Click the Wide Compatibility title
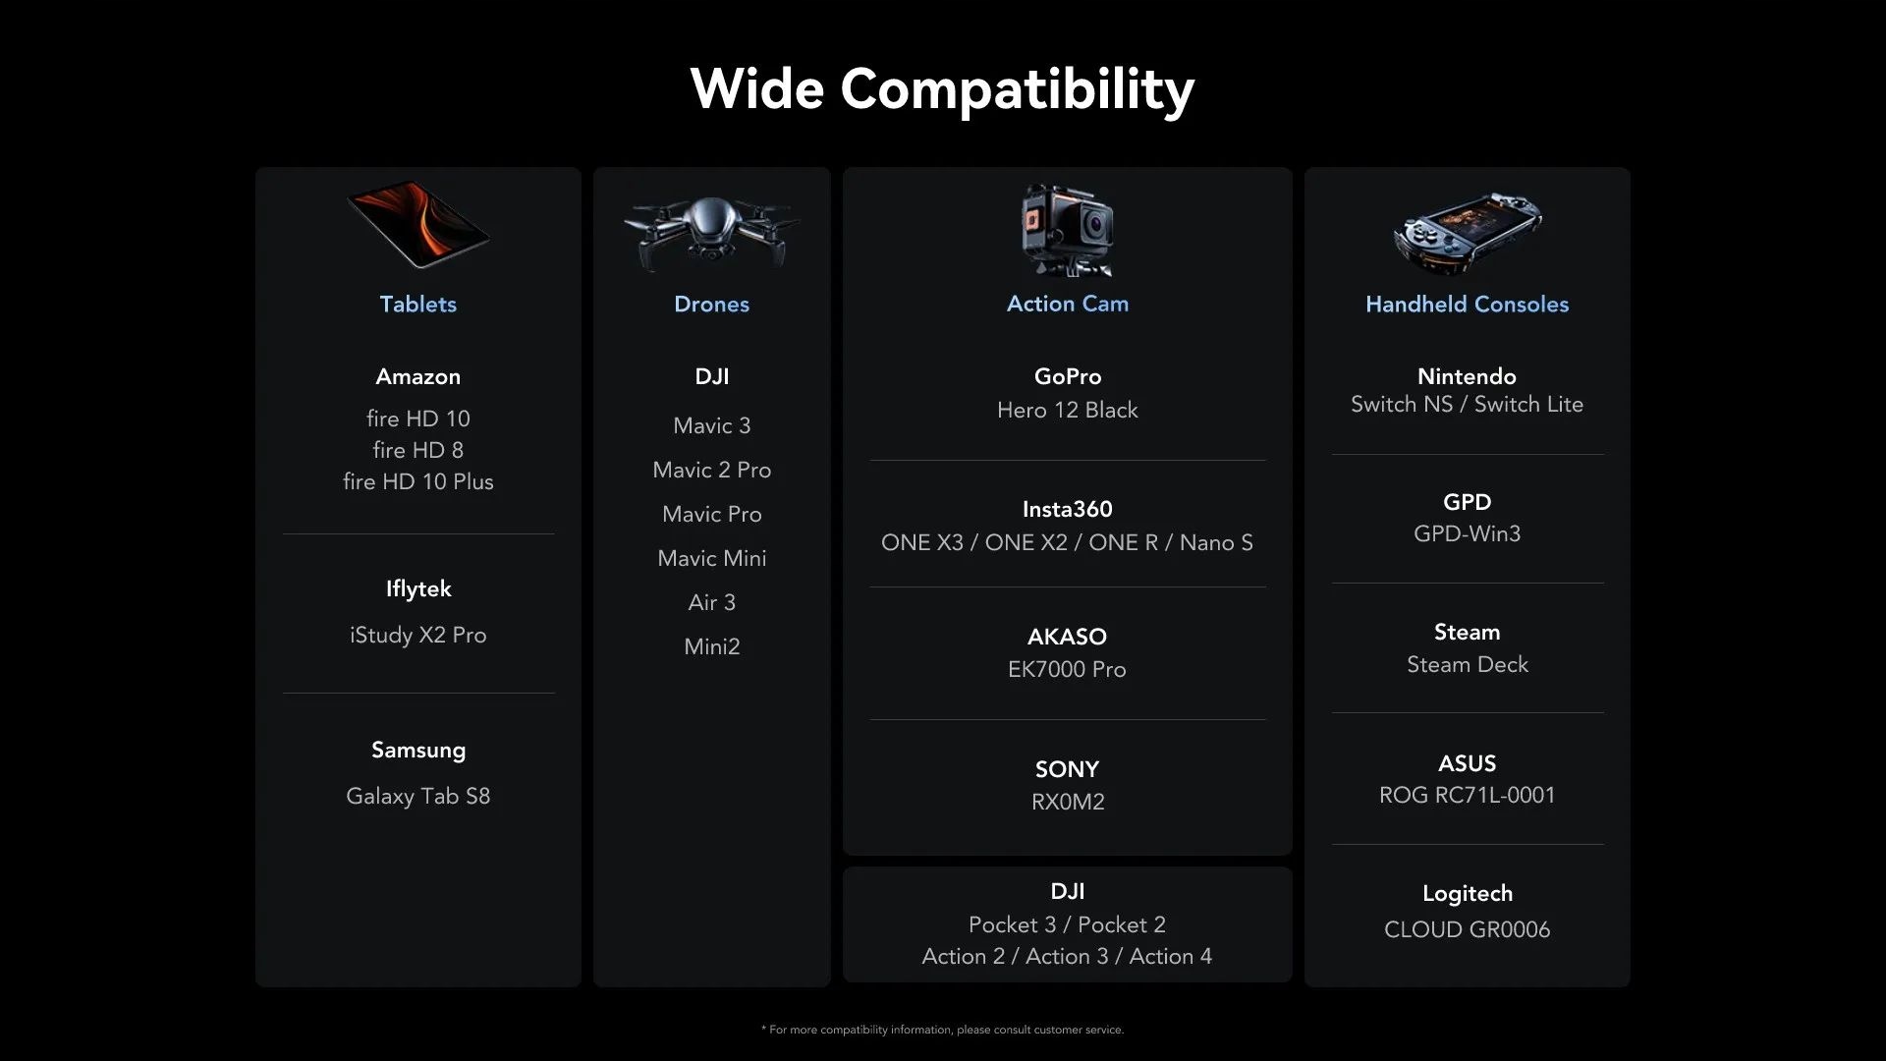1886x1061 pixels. pyautogui.click(x=942, y=89)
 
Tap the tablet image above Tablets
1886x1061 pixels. pyautogui.click(x=418, y=224)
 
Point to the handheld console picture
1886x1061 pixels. pyautogui.click(x=1467, y=234)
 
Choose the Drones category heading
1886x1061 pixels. pyautogui.click(x=711, y=305)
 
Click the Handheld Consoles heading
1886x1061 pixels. pyautogui.click(x=1467, y=305)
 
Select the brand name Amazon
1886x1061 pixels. pyautogui.click(x=417, y=376)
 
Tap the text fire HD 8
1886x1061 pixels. pyautogui.click(x=417, y=450)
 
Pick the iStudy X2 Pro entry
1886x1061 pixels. pyautogui.click(x=417, y=636)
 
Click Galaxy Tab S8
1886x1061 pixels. pyautogui.click(x=417, y=796)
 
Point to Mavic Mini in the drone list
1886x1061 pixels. pyautogui.click(x=711, y=558)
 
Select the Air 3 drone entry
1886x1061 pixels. pyautogui.click(x=711, y=602)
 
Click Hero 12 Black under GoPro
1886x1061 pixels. pyautogui.click(x=1067, y=410)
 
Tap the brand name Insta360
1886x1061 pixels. pyautogui.click(x=1067, y=509)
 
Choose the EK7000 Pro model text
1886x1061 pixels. pyautogui.click(x=1067, y=669)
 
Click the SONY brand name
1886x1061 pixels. pyautogui.click(x=1067, y=769)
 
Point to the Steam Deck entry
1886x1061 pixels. pyautogui.click(x=1467, y=664)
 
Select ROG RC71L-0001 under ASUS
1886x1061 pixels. pyautogui.click(x=1467, y=795)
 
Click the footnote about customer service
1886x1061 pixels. pyautogui.click(x=942, y=1030)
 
